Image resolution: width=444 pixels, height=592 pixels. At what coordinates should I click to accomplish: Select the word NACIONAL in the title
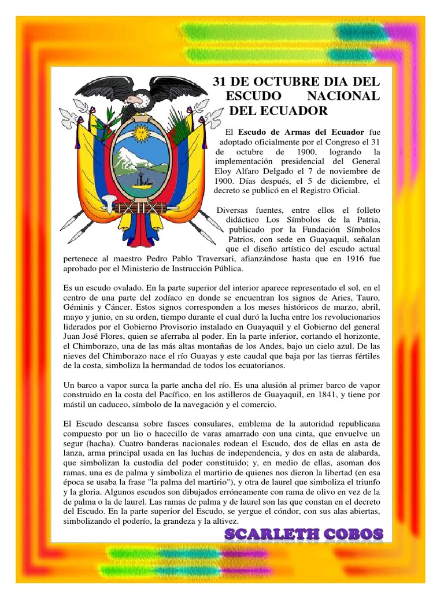click(x=349, y=95)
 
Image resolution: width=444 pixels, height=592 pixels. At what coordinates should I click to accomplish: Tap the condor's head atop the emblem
click(x=135, y=101)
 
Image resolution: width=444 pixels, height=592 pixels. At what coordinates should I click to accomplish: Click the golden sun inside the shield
click(x=141, y=133)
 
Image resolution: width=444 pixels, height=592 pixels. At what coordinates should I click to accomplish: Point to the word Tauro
click(x=368, y=298)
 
